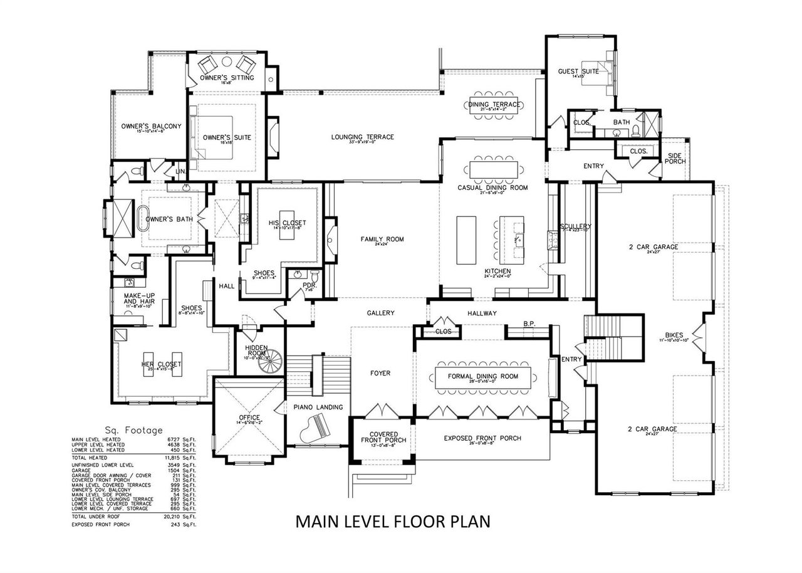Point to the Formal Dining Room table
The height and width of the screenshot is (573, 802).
[x=484, y=377]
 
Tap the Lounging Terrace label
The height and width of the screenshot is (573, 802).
[x=363, y=137]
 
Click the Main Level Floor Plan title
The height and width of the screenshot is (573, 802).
[x=392, y=521]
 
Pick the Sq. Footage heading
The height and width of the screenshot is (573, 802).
[x=133, y=430]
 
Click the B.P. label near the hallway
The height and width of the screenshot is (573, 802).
[x=528, y=324]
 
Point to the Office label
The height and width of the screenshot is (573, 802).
[x=249, y=418]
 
